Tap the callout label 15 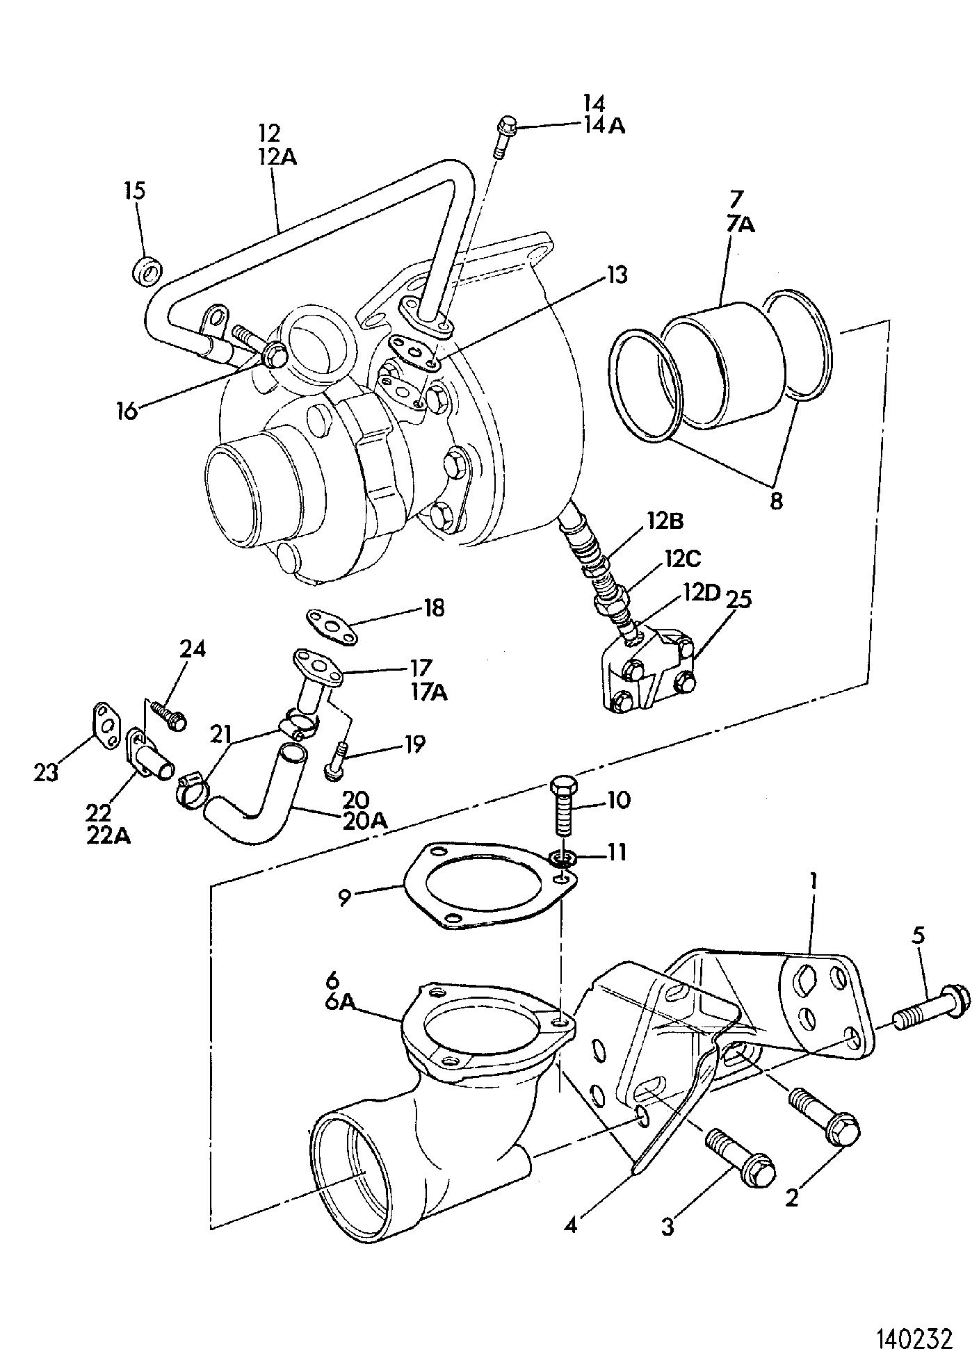[136, 190]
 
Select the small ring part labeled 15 [147, 270]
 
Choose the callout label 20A [364, 820]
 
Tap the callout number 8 [776, 500]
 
